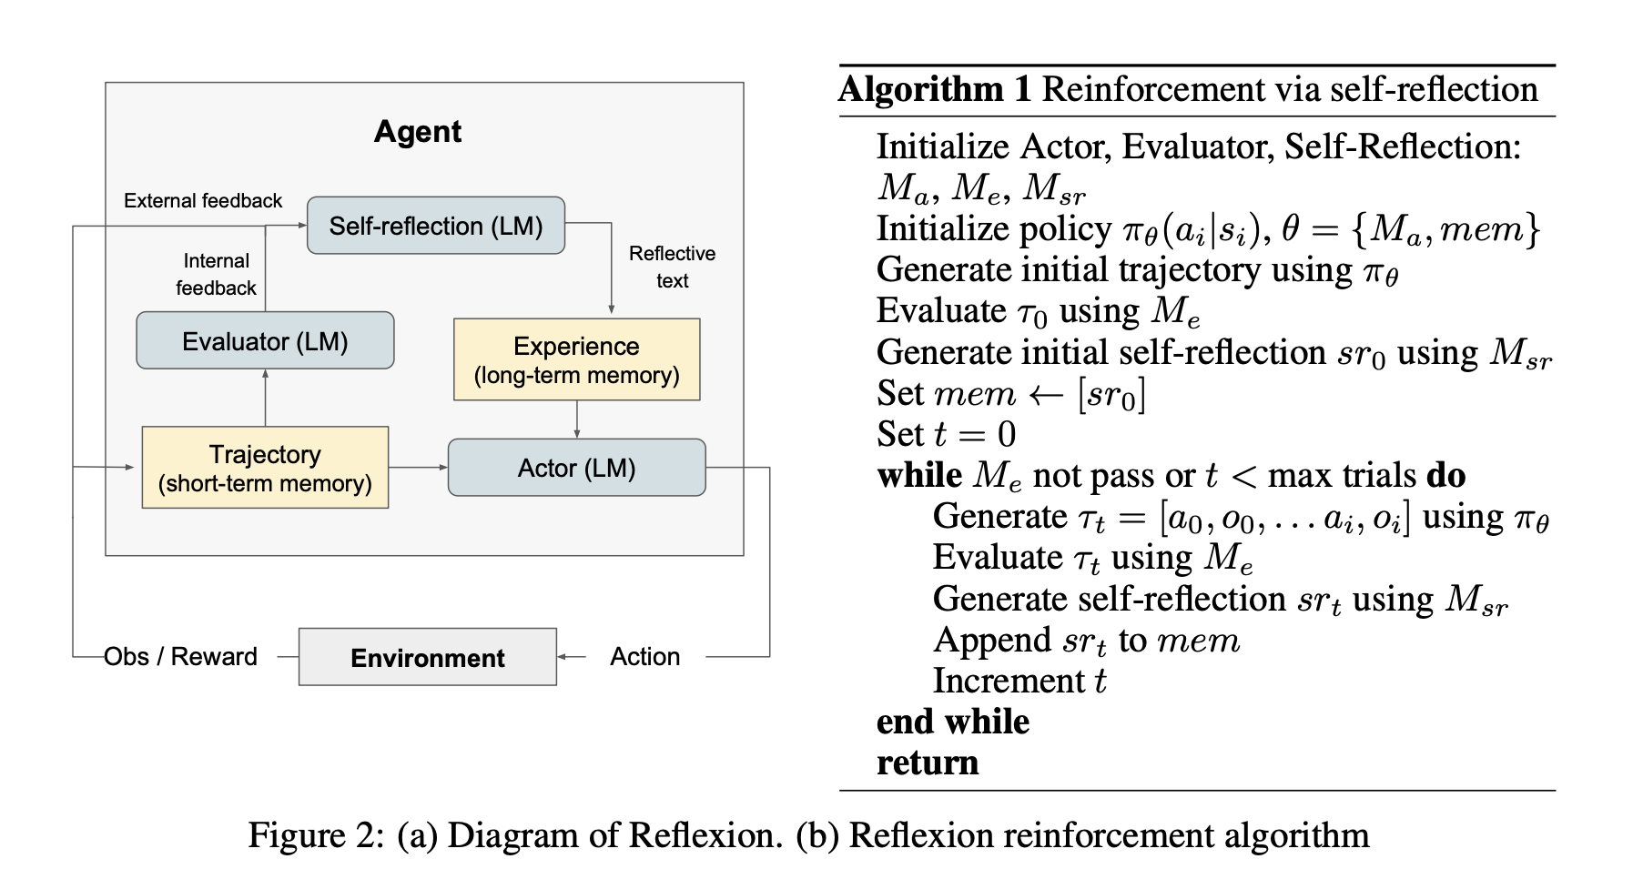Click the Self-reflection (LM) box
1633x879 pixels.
click(436, 226)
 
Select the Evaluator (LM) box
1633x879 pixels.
click(265, 340)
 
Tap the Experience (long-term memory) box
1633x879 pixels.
click(577, 359)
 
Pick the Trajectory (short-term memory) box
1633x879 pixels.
click(265, 467)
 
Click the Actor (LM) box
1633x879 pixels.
click(577, 468)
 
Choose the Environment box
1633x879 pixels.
click(428, 657)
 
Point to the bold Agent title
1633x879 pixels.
click(418, 132)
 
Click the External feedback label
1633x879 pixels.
click(203, 201)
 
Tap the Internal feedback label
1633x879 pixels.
click(217, 274)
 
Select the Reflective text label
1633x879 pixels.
click(673, 267)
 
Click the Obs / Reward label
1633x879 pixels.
click(181, 656)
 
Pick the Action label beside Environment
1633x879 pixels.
click(645, 656)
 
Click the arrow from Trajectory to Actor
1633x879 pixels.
click(419, 468)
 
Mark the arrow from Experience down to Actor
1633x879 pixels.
click(577, 419)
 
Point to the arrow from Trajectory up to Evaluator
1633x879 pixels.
click(265, 398)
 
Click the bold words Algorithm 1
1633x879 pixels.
click(936, 89)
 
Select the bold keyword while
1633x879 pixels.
click(919, 475)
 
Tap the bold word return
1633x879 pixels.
click(928, 763)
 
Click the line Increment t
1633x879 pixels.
click(1019, 681)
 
